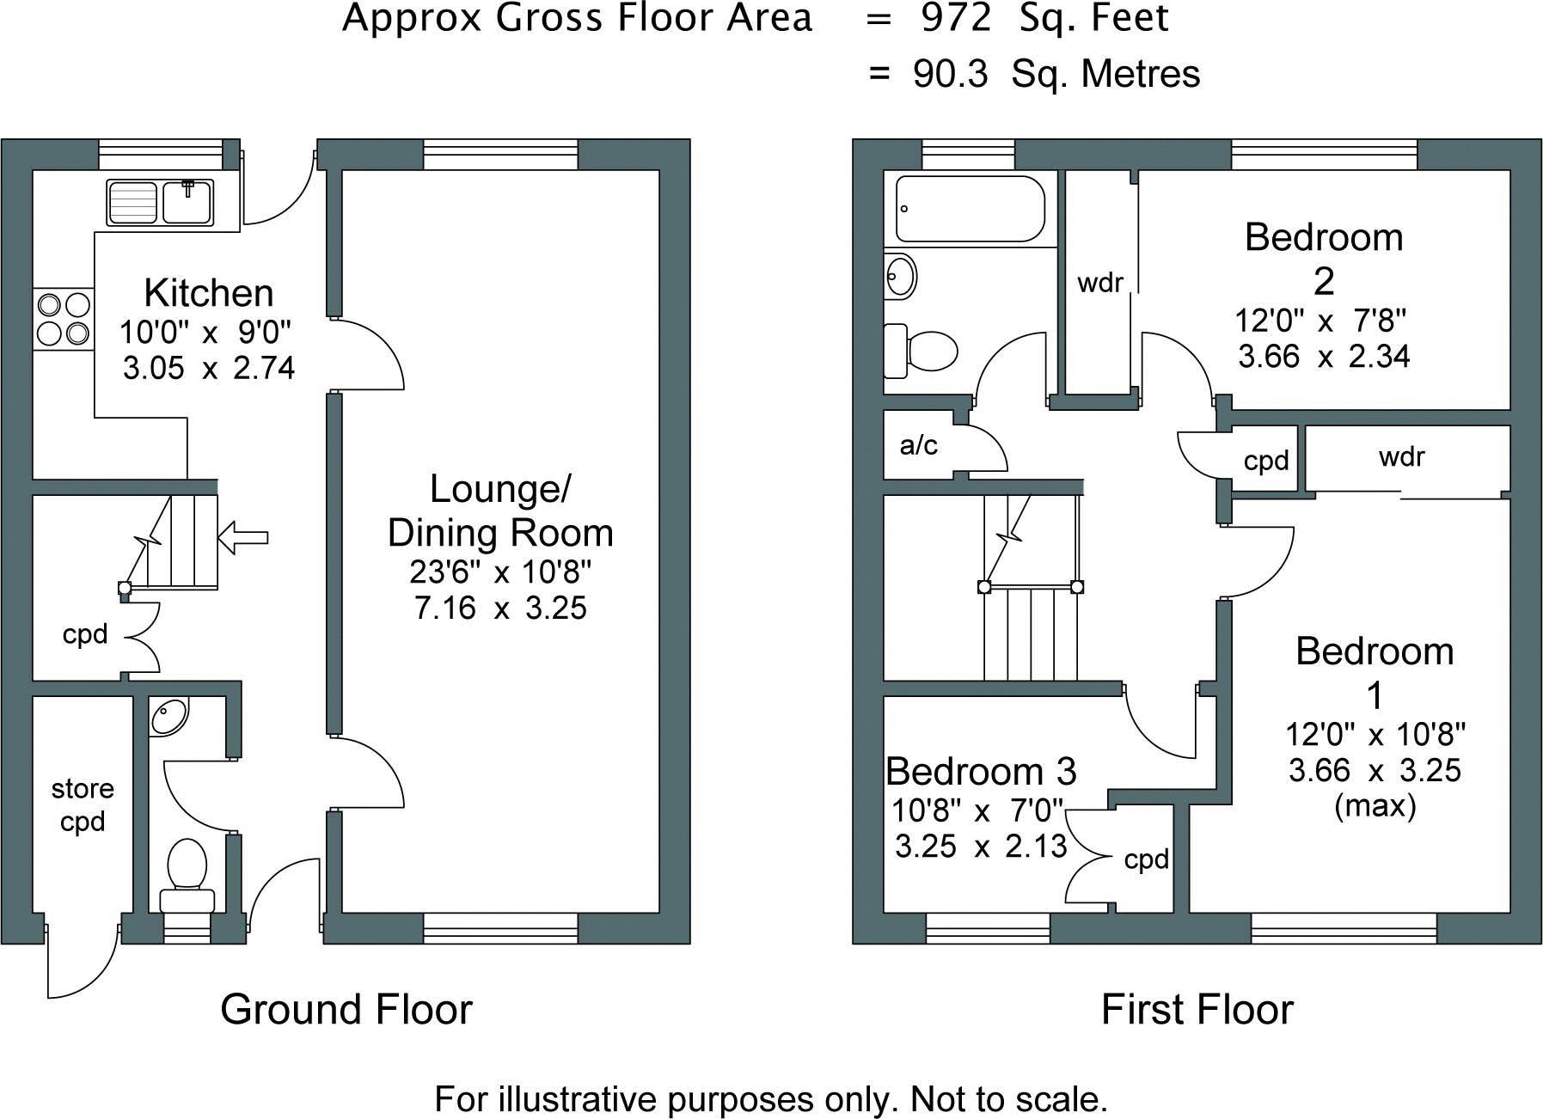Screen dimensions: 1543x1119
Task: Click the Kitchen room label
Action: [209, 293]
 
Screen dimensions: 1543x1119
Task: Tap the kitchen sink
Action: [161, 203]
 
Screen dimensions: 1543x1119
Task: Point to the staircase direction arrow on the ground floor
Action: [243, 538]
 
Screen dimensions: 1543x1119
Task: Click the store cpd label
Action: [83, 805]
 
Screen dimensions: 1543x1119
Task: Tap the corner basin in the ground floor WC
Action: [168, 717]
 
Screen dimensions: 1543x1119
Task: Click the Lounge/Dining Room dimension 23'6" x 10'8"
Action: [500, 571]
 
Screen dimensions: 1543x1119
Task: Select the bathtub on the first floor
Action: [970, 209]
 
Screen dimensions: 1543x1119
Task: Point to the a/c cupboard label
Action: [918, 445]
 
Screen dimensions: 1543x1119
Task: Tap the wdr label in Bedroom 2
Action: [1100, 282]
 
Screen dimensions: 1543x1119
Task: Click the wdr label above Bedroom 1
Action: [1402, 456]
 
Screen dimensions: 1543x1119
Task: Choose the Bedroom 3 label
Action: [981, 771]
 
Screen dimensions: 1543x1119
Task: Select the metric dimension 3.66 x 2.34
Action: [1324, 356]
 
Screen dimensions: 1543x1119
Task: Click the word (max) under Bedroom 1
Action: [1375, 805]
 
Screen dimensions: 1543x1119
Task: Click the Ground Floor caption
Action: [346, 1009]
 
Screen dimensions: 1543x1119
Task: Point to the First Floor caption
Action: [1197, 1009]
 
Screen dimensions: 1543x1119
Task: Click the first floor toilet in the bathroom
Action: [921, 351]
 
